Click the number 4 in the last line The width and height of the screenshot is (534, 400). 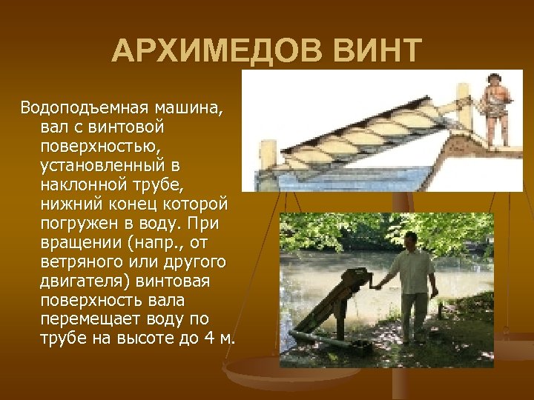click(x=207, y=339)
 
